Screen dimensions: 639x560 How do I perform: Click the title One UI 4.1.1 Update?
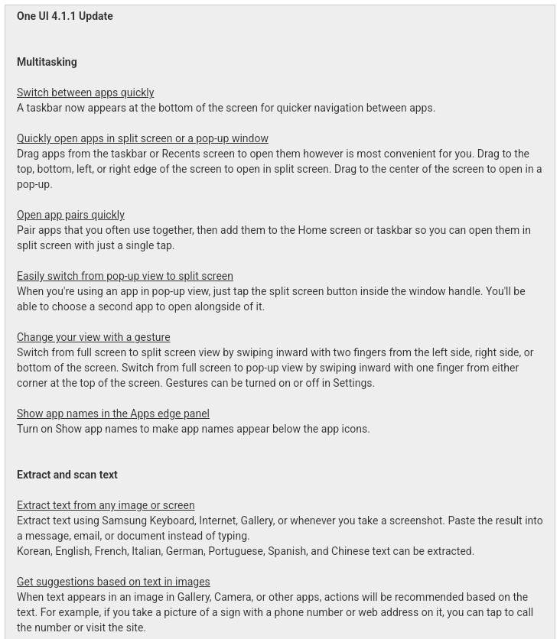pyautogui.click(x=65, y=16)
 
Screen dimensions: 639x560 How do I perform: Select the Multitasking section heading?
pyautogui.click(x=47, y=62)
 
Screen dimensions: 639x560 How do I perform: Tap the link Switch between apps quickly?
pyautogui.click(x=85, y=92)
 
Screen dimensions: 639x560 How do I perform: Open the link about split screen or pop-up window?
pyautogui.click(x=142, y=138)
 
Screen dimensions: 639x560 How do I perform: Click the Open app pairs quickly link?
pyautogui.click(x=70, y=215)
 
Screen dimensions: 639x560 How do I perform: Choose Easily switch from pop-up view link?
pyautogui.click(x=125, y=276)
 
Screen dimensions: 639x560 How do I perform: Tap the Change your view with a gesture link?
pyautogui.click(x=93, y=337)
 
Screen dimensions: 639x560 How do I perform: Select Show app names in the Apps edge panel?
pyautogui.click(x=112, y=414)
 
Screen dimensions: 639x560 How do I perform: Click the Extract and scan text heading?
pyautogui.click(x=67, y=475)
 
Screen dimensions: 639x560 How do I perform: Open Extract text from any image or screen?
pyautogui.click(x=106, y=505)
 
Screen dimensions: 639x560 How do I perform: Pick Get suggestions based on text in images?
pyautogui.click(x=113, y=582)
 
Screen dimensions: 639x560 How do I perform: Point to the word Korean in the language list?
pyautogui.click(x=34, y=551)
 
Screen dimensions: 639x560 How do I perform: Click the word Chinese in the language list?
pyautogui.click(x=351, y=551)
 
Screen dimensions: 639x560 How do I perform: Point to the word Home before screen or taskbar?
pyautogui.click(x=312, y=230)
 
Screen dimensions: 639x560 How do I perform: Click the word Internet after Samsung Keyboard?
pyautogui.click(x=218, y=521)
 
